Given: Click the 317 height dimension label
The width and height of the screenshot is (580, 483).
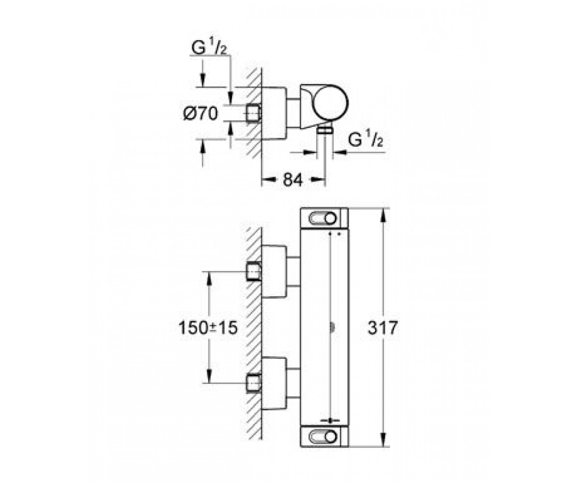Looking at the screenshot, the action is pyautogui.click(x=382, y=328).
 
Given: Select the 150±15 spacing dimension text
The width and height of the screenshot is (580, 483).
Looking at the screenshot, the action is pyautogui.click(x=208, y=327).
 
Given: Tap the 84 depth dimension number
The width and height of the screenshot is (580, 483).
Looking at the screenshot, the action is pyautogui.click(x=292, y=180).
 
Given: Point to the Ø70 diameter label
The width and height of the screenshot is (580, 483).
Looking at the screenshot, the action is pyautogui.click(x=201, y=114).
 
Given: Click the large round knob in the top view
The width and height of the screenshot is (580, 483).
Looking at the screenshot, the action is pyautogui.click(x=330, y=103).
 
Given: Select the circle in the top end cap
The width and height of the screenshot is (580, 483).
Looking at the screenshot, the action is pyautogui.click(x=330, y=219).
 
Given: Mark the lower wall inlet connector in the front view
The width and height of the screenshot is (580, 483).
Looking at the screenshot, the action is pyautogui.click(x=254, y=383).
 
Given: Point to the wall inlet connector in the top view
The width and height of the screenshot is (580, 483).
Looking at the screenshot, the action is pyautogui.click(x=252, y=114).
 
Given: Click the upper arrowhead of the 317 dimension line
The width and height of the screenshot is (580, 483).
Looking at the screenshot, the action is pyautogui.click(x=383, y=215).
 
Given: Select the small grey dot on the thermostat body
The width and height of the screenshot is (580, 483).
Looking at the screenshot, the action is pyautogui.click(x=331, y=327).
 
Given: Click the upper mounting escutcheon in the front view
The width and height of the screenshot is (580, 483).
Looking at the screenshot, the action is pyautogui.click(x=274, y=271).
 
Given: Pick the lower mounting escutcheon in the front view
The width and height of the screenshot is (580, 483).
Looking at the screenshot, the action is pyautogui.click(x=274, y=383).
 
